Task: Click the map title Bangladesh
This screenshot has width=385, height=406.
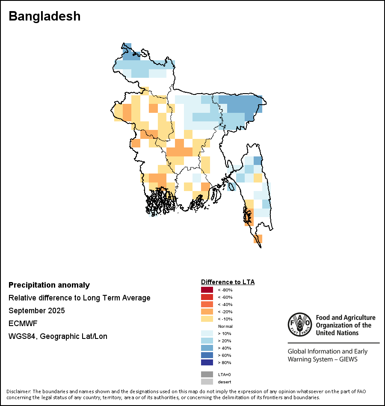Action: tap(44, 16)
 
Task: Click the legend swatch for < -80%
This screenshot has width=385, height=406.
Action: tap(207, 290)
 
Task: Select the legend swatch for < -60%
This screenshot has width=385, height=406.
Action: tap(207, 297)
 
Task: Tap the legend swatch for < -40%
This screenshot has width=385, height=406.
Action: tap(207, 305)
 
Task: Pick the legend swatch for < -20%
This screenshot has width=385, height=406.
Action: tap(207, 312)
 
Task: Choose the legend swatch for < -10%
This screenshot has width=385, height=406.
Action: tap(207, 319)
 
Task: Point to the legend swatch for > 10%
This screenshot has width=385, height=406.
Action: tap(207, 334)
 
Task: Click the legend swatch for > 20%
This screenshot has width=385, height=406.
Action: tap(207, 341)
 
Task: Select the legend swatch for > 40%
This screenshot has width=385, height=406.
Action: tap(207, 348)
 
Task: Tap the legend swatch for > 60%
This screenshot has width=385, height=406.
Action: tap(207, 356)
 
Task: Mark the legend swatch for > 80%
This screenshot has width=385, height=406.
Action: tap(207, 363)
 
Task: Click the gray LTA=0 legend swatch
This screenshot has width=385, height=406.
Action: tap(207, 374)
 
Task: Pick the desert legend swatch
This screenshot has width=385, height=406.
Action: tap(207, 382)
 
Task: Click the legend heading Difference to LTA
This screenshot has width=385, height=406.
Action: tap(228, 282)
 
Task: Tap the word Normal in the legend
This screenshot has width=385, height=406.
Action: tap(225, 327)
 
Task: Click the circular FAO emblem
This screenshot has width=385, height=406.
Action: tap(299, 324)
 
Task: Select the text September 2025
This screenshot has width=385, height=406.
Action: tap(37, 311)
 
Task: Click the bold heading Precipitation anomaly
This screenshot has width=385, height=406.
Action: tap(49, 285)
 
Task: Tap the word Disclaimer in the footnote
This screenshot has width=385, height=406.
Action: tap(18, 391)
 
